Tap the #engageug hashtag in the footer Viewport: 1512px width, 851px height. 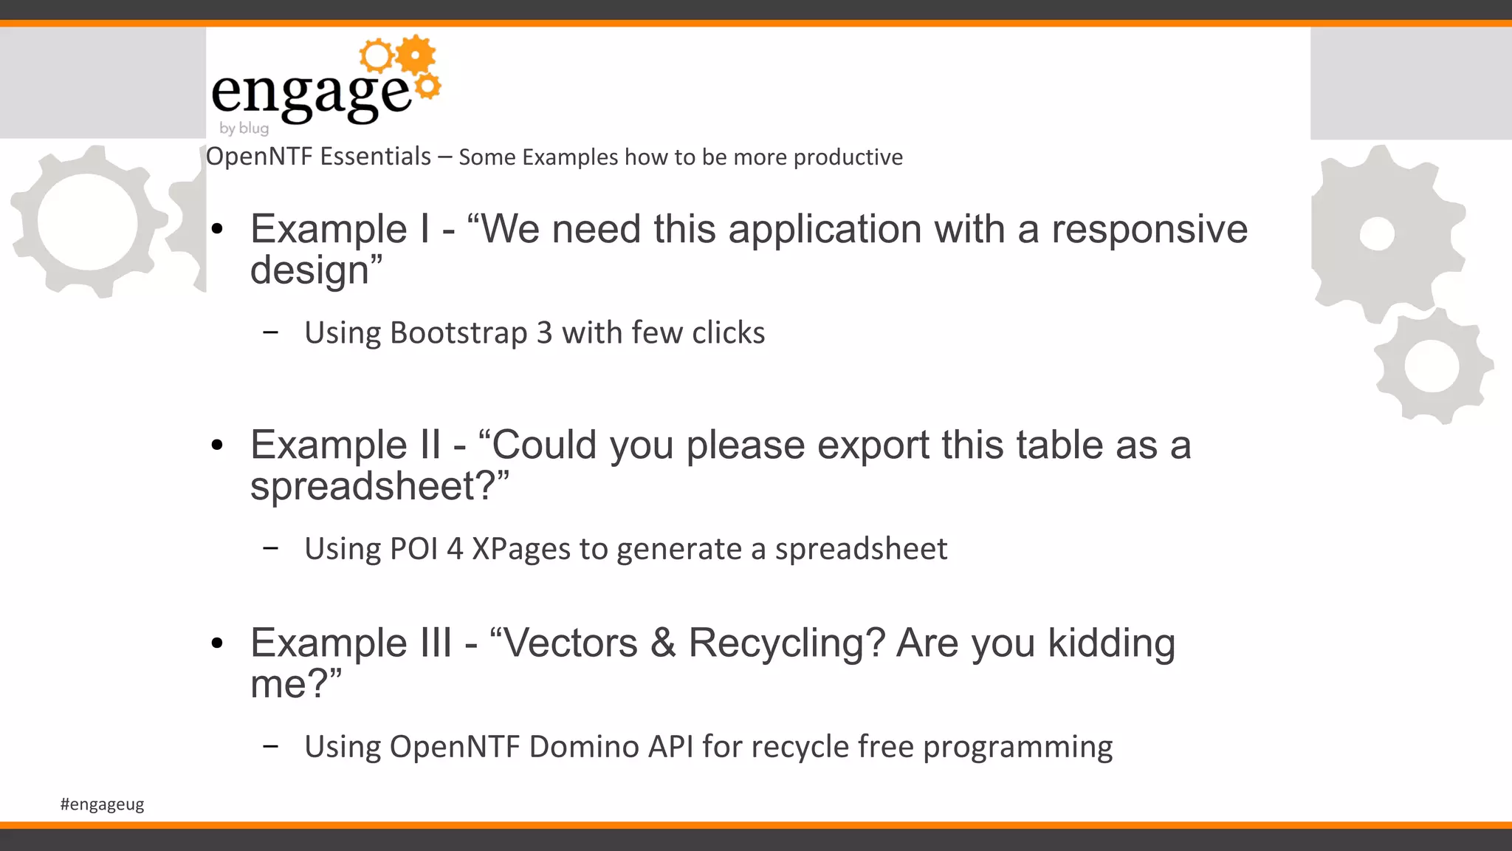click(x=102, y=804)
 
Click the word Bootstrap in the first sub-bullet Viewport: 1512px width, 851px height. click(x=458, y=333)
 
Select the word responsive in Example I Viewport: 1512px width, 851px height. click(x=1150, y=229)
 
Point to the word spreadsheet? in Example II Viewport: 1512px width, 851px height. click(x=379, y=487)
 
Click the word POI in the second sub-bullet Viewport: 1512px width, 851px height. click(x=413, y=549)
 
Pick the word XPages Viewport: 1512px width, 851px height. click(x=521, y=550)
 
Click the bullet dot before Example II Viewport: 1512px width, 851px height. click(x=216, y=445)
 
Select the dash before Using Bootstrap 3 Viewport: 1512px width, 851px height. click(x=270, y=332)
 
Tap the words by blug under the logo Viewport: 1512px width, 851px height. click(x=244, y=128)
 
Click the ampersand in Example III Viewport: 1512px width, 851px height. click(x=662, y=643)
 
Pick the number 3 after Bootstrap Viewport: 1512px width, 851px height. click(x=544, y=333)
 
